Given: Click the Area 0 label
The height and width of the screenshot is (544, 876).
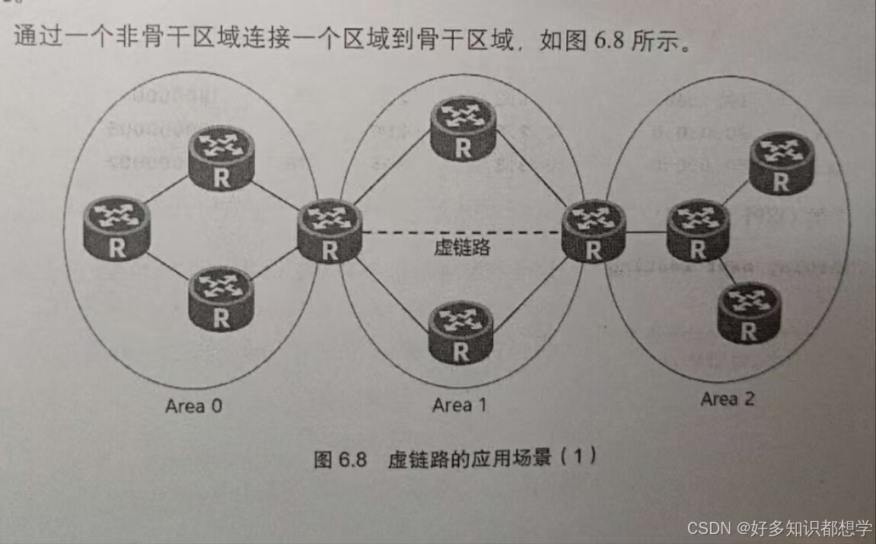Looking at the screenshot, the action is click(194, 406).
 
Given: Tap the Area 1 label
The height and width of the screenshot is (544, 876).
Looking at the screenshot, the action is click(459, 405).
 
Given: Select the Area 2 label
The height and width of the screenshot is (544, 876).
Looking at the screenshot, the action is click(728, 398).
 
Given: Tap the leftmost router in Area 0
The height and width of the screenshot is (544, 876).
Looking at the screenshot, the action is click(117, 228).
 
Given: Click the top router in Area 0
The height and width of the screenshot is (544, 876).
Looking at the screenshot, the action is click(221, 158).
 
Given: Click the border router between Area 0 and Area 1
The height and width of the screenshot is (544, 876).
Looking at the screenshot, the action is click(330, 230).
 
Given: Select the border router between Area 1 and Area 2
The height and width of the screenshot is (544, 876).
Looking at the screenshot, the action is click(594, 230).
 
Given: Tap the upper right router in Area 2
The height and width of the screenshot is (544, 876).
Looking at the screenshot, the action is click(782, 162).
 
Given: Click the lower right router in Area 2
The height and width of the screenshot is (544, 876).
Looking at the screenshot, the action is click(749, 312).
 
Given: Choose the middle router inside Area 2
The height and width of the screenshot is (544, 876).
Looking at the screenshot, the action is click(698, 230).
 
